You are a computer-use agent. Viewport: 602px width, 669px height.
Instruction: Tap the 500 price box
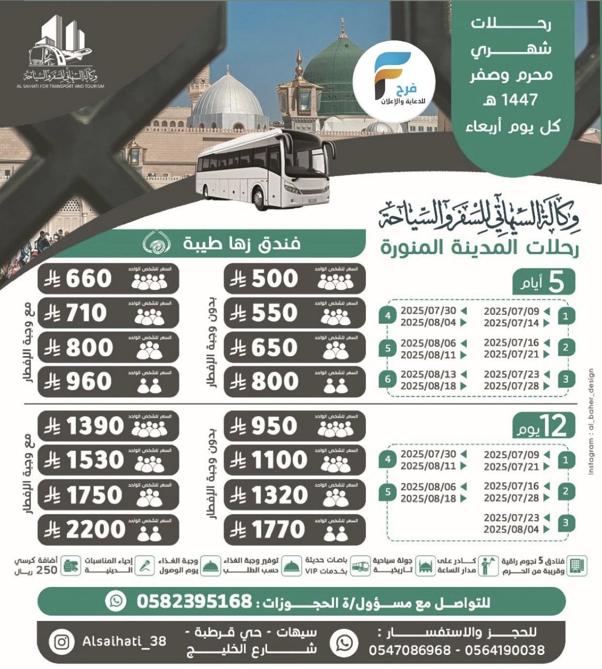point(295,279)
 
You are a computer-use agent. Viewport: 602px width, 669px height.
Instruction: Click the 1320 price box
point(295,495)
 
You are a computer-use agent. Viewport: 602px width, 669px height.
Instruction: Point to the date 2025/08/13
point(428,375)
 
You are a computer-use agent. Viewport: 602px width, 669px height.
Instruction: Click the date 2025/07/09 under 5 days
point(511,311)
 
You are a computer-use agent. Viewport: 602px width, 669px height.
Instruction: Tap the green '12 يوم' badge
point(544,426)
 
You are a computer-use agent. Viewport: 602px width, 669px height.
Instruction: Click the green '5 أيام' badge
point(544,282)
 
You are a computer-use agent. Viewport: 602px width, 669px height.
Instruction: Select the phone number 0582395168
point(194,602)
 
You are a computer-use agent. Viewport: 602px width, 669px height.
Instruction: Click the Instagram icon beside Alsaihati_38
point(62,642)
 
